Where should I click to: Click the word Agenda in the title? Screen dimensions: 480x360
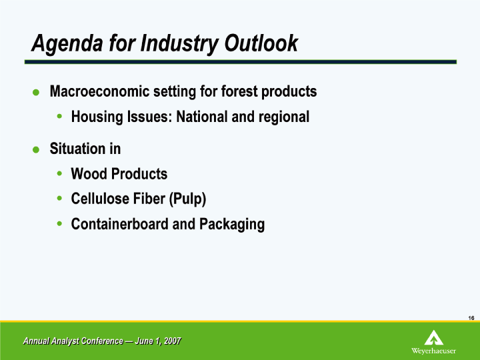tap(67, 44)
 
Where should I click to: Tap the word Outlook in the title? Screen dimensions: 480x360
tap(261, 43)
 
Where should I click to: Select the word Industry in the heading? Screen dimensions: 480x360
tap(179, 44)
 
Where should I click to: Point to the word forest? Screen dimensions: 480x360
tap(239, 91)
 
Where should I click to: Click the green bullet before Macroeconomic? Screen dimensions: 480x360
tap(36, 92)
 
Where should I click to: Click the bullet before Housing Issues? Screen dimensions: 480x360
tap(59, 116)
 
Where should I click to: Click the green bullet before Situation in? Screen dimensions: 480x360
tap(36, 150)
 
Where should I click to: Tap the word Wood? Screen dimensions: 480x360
tap(89, 173)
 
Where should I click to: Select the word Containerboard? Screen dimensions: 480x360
tap(119, 224)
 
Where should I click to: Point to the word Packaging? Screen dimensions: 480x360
tap(232, 225)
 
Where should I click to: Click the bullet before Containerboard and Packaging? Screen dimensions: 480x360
tap(59, 224)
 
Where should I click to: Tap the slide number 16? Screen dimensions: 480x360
tap(471, 318)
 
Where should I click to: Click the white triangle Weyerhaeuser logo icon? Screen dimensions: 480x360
tap(433, 337)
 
